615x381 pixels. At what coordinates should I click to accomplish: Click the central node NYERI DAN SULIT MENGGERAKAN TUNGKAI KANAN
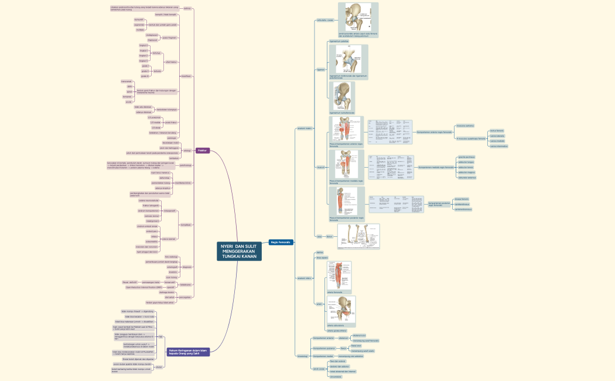[239, 250]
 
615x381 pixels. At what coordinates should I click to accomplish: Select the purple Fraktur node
[203, 150]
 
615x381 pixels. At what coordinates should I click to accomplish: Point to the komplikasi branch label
[186, 224]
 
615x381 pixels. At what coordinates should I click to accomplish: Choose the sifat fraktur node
[171, 62]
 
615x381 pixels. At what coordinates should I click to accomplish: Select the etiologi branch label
[187, 151]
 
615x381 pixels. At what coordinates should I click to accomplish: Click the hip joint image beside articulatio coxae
[358, 18]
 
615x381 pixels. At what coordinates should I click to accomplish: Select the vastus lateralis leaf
[497, 136]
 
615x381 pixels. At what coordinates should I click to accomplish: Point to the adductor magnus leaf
[466, 172]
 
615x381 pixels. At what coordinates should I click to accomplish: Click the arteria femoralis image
[339, 276]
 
